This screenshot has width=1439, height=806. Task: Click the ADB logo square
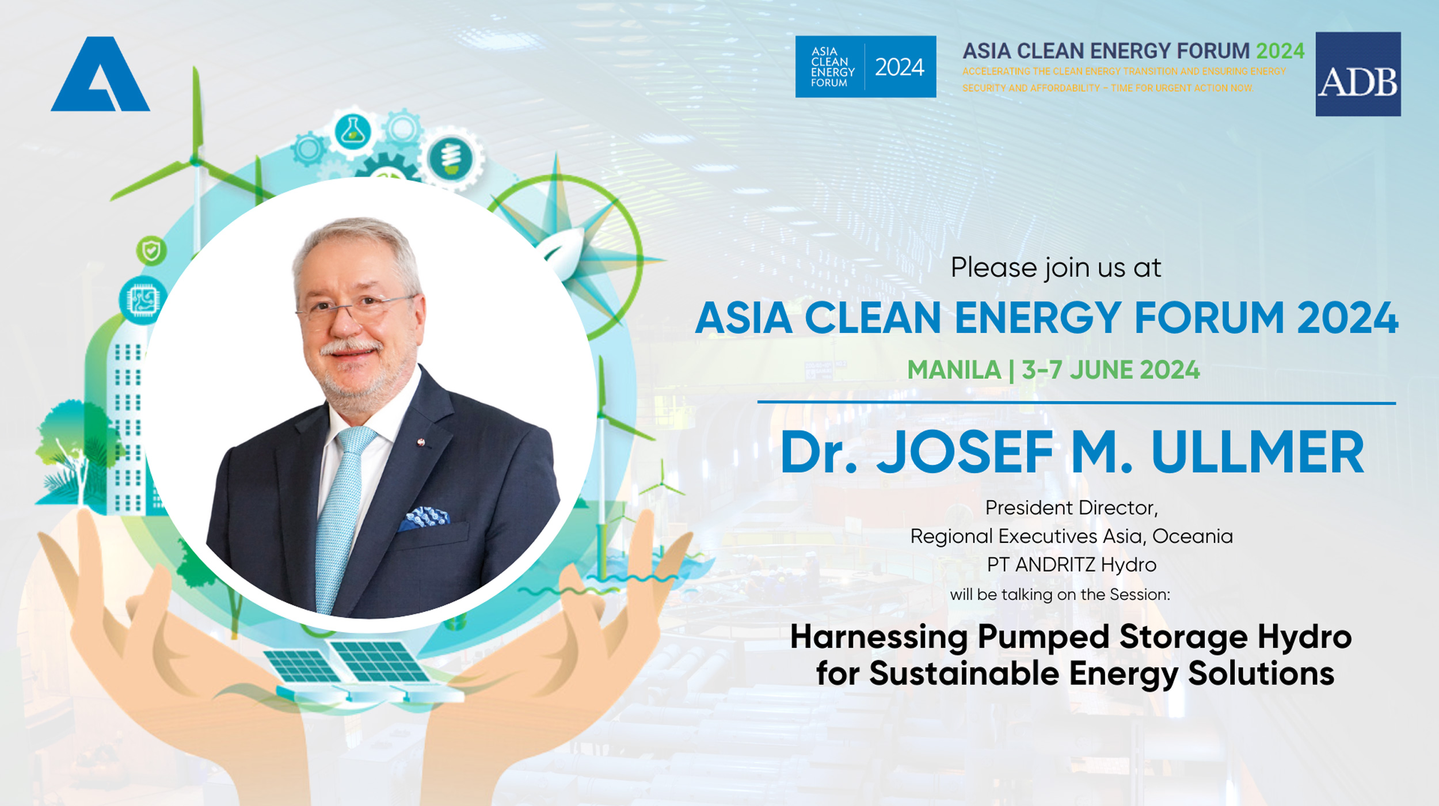point(1358,74)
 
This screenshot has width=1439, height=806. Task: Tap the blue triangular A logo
point(100,74)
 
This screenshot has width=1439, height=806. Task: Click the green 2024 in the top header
point(1280,51)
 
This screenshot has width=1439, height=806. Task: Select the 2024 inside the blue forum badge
point(900,67)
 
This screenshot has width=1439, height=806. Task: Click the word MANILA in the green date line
point(954,370)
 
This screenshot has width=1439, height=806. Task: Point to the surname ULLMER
point(1258,452)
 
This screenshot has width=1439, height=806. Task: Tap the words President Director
point(1072,508)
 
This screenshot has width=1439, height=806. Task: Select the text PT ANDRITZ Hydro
point(1072,565)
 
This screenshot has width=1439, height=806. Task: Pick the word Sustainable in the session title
point(964,674)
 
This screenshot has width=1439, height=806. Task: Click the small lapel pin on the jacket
point(421,442)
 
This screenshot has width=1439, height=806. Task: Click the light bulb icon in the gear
point(451,158)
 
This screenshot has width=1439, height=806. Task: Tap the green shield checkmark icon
point(151,251)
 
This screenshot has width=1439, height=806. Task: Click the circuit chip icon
point(142,300)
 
